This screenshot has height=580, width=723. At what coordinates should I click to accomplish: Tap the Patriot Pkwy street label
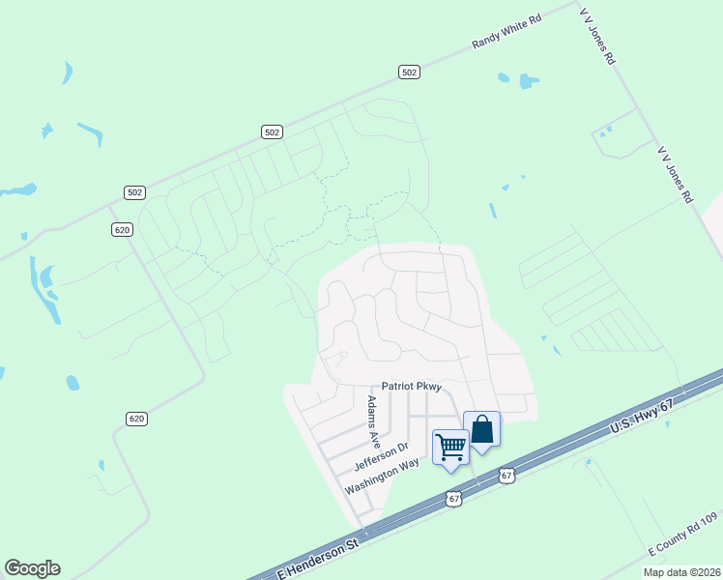pyautogui.click(x=411, y=386)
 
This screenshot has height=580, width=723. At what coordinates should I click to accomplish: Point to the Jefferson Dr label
pyautogui.click(x=382, y=452)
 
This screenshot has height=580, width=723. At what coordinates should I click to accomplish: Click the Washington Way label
pyautogui.click(x=383, y=475)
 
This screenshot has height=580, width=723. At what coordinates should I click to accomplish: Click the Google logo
pyautogui.click(x=32, y=568)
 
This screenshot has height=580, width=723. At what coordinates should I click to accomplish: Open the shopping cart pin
pyautogui.click(x=450, y=448)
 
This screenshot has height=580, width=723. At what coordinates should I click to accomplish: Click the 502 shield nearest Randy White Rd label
pyautogui.click(x=409, y=72)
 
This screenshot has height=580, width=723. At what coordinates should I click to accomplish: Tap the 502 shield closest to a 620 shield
pyautogui.click(x=134, y=192)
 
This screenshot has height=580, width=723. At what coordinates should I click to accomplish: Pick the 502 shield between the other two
pyautogui.click(x=272, y=132)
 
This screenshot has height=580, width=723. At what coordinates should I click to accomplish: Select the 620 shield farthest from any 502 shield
pyautogui.click(x=136, y=418)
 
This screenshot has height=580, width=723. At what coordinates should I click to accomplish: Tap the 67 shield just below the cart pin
pyautogui.click(x=454, y=499)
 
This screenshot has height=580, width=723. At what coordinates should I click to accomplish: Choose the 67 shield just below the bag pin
pyautogui.click(x=506, y=475)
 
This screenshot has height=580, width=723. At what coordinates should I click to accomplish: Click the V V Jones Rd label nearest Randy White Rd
pyautogui.click(x=596, y=35)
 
